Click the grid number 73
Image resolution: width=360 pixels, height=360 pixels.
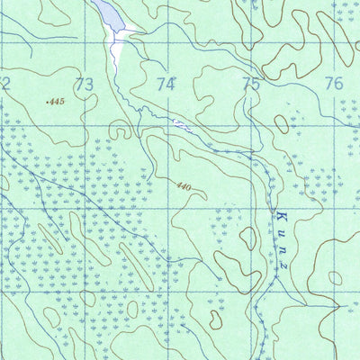pyautogui.click(x=85, y=85)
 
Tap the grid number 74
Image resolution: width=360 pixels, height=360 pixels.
pyautogui.click(x=166, y=85)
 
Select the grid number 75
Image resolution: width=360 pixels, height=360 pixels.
pyautogui.click(x=250, y=85)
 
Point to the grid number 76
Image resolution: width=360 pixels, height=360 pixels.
pyautogui.click(x=334, y=85)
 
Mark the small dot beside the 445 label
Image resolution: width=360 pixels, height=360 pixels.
pyautogui.click(x=46, y=103)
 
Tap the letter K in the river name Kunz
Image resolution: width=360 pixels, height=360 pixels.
pyautogui.click(x=279, y=212)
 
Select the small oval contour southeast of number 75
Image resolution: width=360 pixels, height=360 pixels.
pyautogui.click(x=282, y=123)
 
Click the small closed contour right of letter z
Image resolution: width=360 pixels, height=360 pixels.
pyautogui.click(x=334, y=278)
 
